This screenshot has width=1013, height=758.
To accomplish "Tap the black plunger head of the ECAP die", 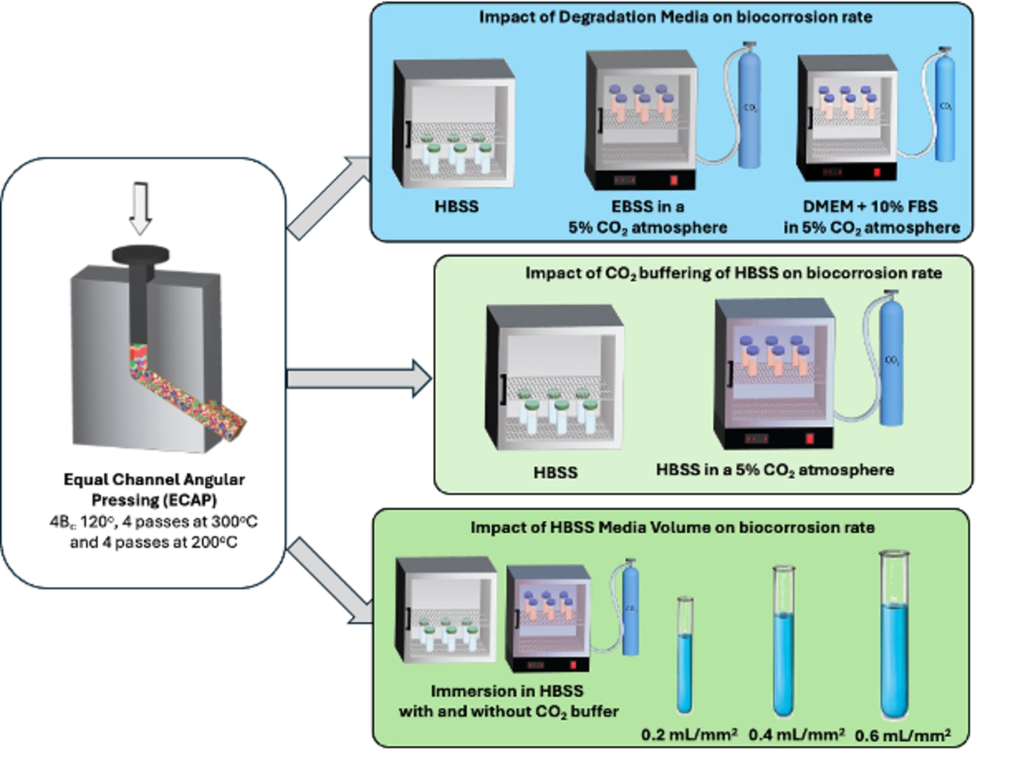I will coord(141,255).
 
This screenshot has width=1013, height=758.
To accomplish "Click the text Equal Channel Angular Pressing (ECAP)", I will coord(154,490).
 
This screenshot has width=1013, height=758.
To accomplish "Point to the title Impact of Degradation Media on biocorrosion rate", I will coord(675,17).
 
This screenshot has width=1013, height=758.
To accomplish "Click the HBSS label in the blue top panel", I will coord(456,206).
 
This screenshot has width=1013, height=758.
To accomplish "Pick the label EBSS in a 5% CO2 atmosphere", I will coord(647,217).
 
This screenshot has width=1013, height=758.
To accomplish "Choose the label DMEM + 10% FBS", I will coord(871,206).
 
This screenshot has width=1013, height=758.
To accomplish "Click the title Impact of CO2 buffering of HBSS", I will coord(733,273).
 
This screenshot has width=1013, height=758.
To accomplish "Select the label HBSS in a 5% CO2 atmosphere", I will coord(775,470).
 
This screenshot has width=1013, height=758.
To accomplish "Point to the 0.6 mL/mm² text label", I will coord(902,735).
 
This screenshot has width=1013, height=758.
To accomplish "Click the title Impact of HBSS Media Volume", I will coord(672,527).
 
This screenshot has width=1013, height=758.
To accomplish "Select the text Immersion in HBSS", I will coord(507,691).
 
